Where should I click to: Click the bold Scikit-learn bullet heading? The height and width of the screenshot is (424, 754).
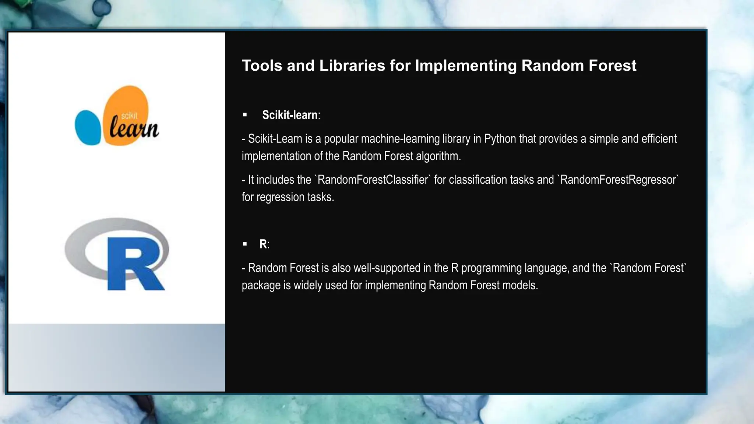[290, 115]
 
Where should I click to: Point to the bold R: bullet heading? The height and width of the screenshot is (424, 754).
[264, 244]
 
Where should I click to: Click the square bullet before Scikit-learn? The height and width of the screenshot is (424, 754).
[245, 115]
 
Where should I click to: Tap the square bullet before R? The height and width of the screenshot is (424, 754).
[245, 244]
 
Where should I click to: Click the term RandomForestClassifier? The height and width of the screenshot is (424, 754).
[373, 180]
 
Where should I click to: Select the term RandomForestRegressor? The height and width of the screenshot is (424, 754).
[619, 180]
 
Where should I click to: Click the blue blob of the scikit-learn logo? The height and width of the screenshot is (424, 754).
[88, 127]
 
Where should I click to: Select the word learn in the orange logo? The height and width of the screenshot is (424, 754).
[134, 128]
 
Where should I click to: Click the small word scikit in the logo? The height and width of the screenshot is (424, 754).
[129, 116]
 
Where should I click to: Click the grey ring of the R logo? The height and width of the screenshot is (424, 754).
[75, 250]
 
